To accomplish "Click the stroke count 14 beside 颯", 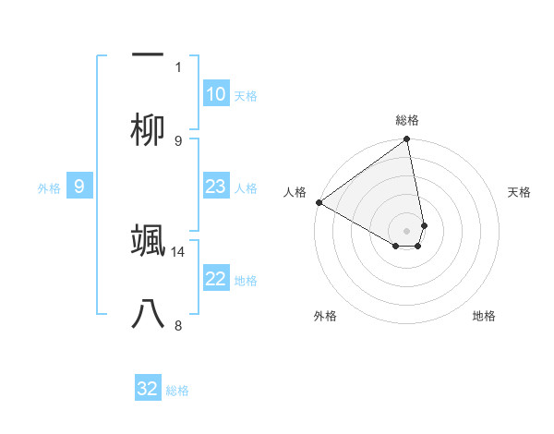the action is click(x=179, y=251).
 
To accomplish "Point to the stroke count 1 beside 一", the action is click(x=178, y=66).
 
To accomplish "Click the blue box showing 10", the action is click(x=216, y=94).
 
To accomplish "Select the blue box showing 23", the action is click(x=216, y=187).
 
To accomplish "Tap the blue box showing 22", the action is click(x=216, y=279).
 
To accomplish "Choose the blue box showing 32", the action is click(x=148, y=389).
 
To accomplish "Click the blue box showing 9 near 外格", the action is click(x=79, y=187).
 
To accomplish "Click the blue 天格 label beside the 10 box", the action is click(x=246, y=96).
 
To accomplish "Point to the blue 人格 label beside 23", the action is click(x=246, y=188).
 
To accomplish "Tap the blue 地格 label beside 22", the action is click(x=246, y=281).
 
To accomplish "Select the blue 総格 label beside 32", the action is click(x=177, y=391).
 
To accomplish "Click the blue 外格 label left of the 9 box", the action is click(x=49, y=188).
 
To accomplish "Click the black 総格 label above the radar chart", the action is click(x=406, y=120).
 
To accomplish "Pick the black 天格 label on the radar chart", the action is click(x=520, y=192).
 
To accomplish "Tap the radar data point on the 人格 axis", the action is click(x=319, y=202).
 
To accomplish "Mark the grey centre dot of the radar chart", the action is click(x=406, y=231).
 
